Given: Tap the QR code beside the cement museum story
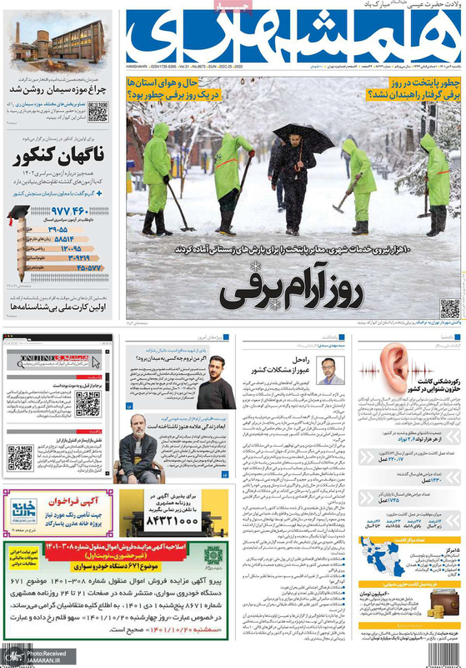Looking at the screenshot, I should click(98, 111).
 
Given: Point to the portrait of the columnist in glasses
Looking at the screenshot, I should click(331, 369).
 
